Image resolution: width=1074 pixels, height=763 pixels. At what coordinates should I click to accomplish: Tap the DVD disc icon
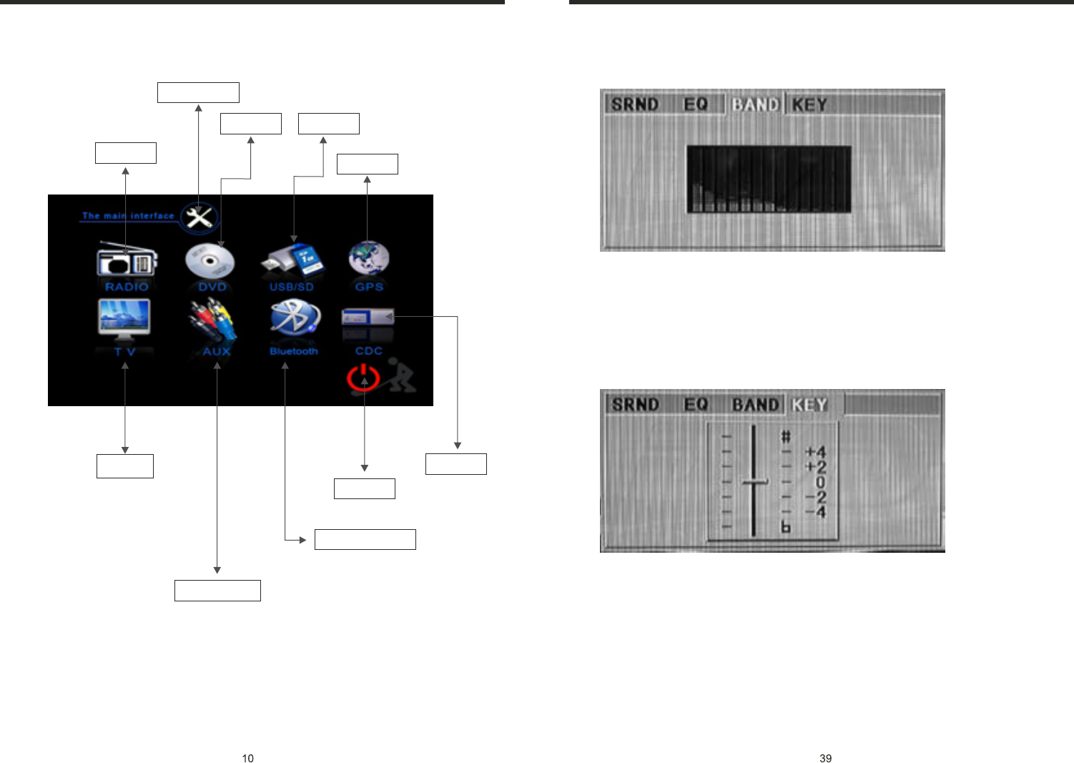210,262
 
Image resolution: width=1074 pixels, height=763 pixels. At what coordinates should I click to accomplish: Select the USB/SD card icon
292,261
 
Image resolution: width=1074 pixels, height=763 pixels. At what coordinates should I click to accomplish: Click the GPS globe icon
369,259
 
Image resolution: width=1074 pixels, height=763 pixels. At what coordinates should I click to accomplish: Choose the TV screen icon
124,319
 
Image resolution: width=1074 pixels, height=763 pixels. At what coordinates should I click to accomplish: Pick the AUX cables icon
212,321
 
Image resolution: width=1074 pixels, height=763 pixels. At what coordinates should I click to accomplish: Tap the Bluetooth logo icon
294,319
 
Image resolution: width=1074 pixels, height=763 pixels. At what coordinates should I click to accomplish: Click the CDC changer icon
368,317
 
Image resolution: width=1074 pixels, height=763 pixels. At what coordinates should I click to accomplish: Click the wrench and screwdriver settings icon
199,217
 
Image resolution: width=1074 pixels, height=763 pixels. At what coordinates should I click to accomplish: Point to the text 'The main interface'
128,215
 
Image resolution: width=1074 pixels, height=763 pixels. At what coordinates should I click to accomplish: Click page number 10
247,758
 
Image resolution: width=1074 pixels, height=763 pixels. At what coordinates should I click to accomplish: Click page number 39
825,758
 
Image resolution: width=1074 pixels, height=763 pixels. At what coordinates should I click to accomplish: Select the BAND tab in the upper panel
755,105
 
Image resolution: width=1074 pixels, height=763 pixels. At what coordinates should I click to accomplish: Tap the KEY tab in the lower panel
809,405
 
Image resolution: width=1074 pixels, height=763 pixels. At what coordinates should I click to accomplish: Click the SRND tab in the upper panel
634,104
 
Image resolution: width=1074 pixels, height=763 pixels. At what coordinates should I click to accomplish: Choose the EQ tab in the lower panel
696,405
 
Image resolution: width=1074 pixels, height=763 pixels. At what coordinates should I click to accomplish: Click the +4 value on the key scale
815,452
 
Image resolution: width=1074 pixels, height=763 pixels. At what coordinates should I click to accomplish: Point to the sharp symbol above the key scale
786,436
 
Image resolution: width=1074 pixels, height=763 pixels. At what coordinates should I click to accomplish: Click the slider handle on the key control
754,482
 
